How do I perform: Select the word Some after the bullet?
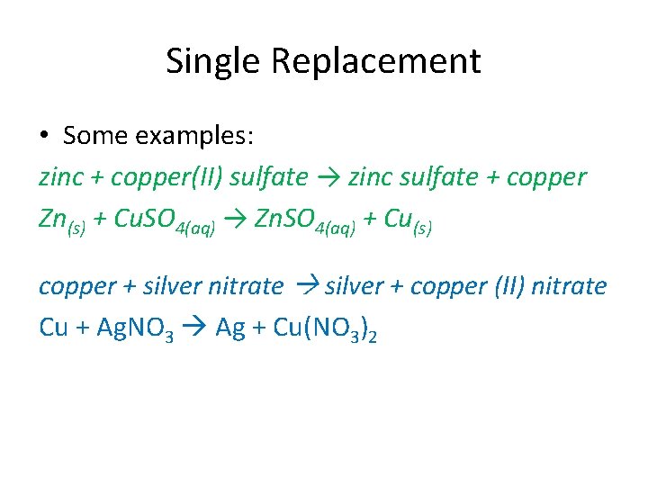click(94, 136)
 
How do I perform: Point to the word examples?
click(195, 137)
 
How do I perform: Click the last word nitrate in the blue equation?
click(570, 286)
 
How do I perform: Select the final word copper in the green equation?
click(546, 177)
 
